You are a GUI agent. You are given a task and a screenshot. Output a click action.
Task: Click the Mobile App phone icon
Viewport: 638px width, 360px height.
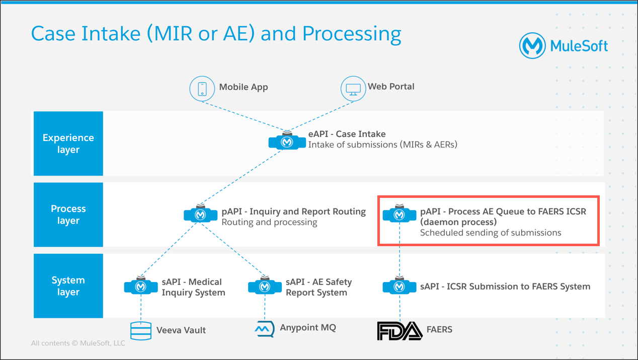[x=202, y=89]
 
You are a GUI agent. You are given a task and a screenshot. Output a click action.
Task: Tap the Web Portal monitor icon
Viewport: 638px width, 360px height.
[x=353, y=89]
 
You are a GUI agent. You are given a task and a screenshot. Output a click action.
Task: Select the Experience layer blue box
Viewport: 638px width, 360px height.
[x=68, y=143]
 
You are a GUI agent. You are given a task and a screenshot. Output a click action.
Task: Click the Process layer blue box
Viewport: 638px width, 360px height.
[x=68, y=214]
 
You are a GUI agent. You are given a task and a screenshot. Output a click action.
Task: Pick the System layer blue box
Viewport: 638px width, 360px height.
[x=68, y=286]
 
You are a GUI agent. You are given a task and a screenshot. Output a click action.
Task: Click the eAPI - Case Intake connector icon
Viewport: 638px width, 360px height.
[x=287, y=141]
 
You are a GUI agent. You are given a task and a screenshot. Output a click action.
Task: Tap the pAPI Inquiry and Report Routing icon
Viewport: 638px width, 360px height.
[x=200, y=214]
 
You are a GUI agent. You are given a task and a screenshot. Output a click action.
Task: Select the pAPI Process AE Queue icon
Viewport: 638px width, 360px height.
[x=399, y=214]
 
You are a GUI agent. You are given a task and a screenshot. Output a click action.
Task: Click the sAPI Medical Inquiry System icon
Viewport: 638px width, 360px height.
[x=141, y=285]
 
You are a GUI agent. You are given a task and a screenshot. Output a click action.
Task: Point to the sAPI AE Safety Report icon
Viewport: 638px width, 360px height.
[x=265, y=285]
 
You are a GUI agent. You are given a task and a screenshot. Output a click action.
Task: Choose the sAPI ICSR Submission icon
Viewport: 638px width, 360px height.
[x=399, y=285]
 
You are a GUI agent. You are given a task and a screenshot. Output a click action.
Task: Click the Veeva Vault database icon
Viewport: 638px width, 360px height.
[x=141, y=331]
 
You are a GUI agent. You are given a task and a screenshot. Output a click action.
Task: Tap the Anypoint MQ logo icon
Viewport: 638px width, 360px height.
[x=265, y=329]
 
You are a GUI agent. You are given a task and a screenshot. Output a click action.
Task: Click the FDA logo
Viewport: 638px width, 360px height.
[x=400, y=331]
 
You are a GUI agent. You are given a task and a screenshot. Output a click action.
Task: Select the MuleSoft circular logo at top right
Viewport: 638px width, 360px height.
[x=532, y=46]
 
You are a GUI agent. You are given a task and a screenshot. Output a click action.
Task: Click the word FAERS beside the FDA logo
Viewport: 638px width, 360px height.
[x=439, y=329]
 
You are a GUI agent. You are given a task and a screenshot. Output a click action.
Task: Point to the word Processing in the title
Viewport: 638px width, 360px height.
[x=352, y=34]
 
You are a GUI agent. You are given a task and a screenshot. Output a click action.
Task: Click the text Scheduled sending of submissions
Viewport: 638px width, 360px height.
[x=491, y=233]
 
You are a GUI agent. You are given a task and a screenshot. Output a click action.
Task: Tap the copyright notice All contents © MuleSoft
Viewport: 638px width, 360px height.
[x=78, y=343]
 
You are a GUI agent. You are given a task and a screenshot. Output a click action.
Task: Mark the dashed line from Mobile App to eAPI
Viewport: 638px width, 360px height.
[x=245, y=116]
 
